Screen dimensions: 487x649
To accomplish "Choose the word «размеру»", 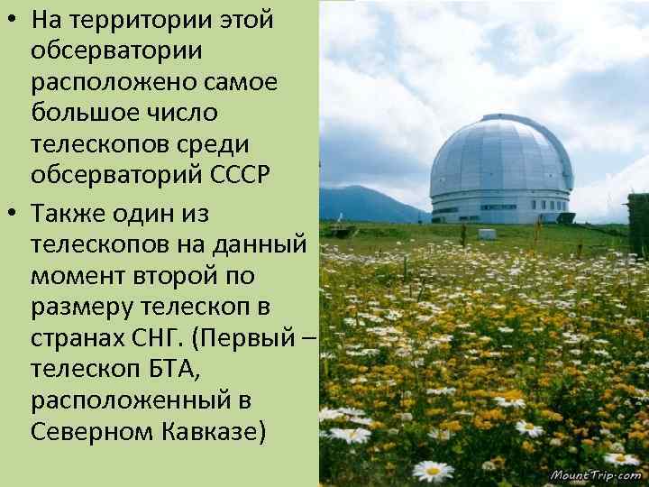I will (x=84, y=305).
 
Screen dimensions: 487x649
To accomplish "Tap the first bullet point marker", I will (x=12, y=20).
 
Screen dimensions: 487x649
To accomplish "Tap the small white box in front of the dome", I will (x=487, y=234).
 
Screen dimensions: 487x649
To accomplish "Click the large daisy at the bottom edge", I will (x=433, y=471).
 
